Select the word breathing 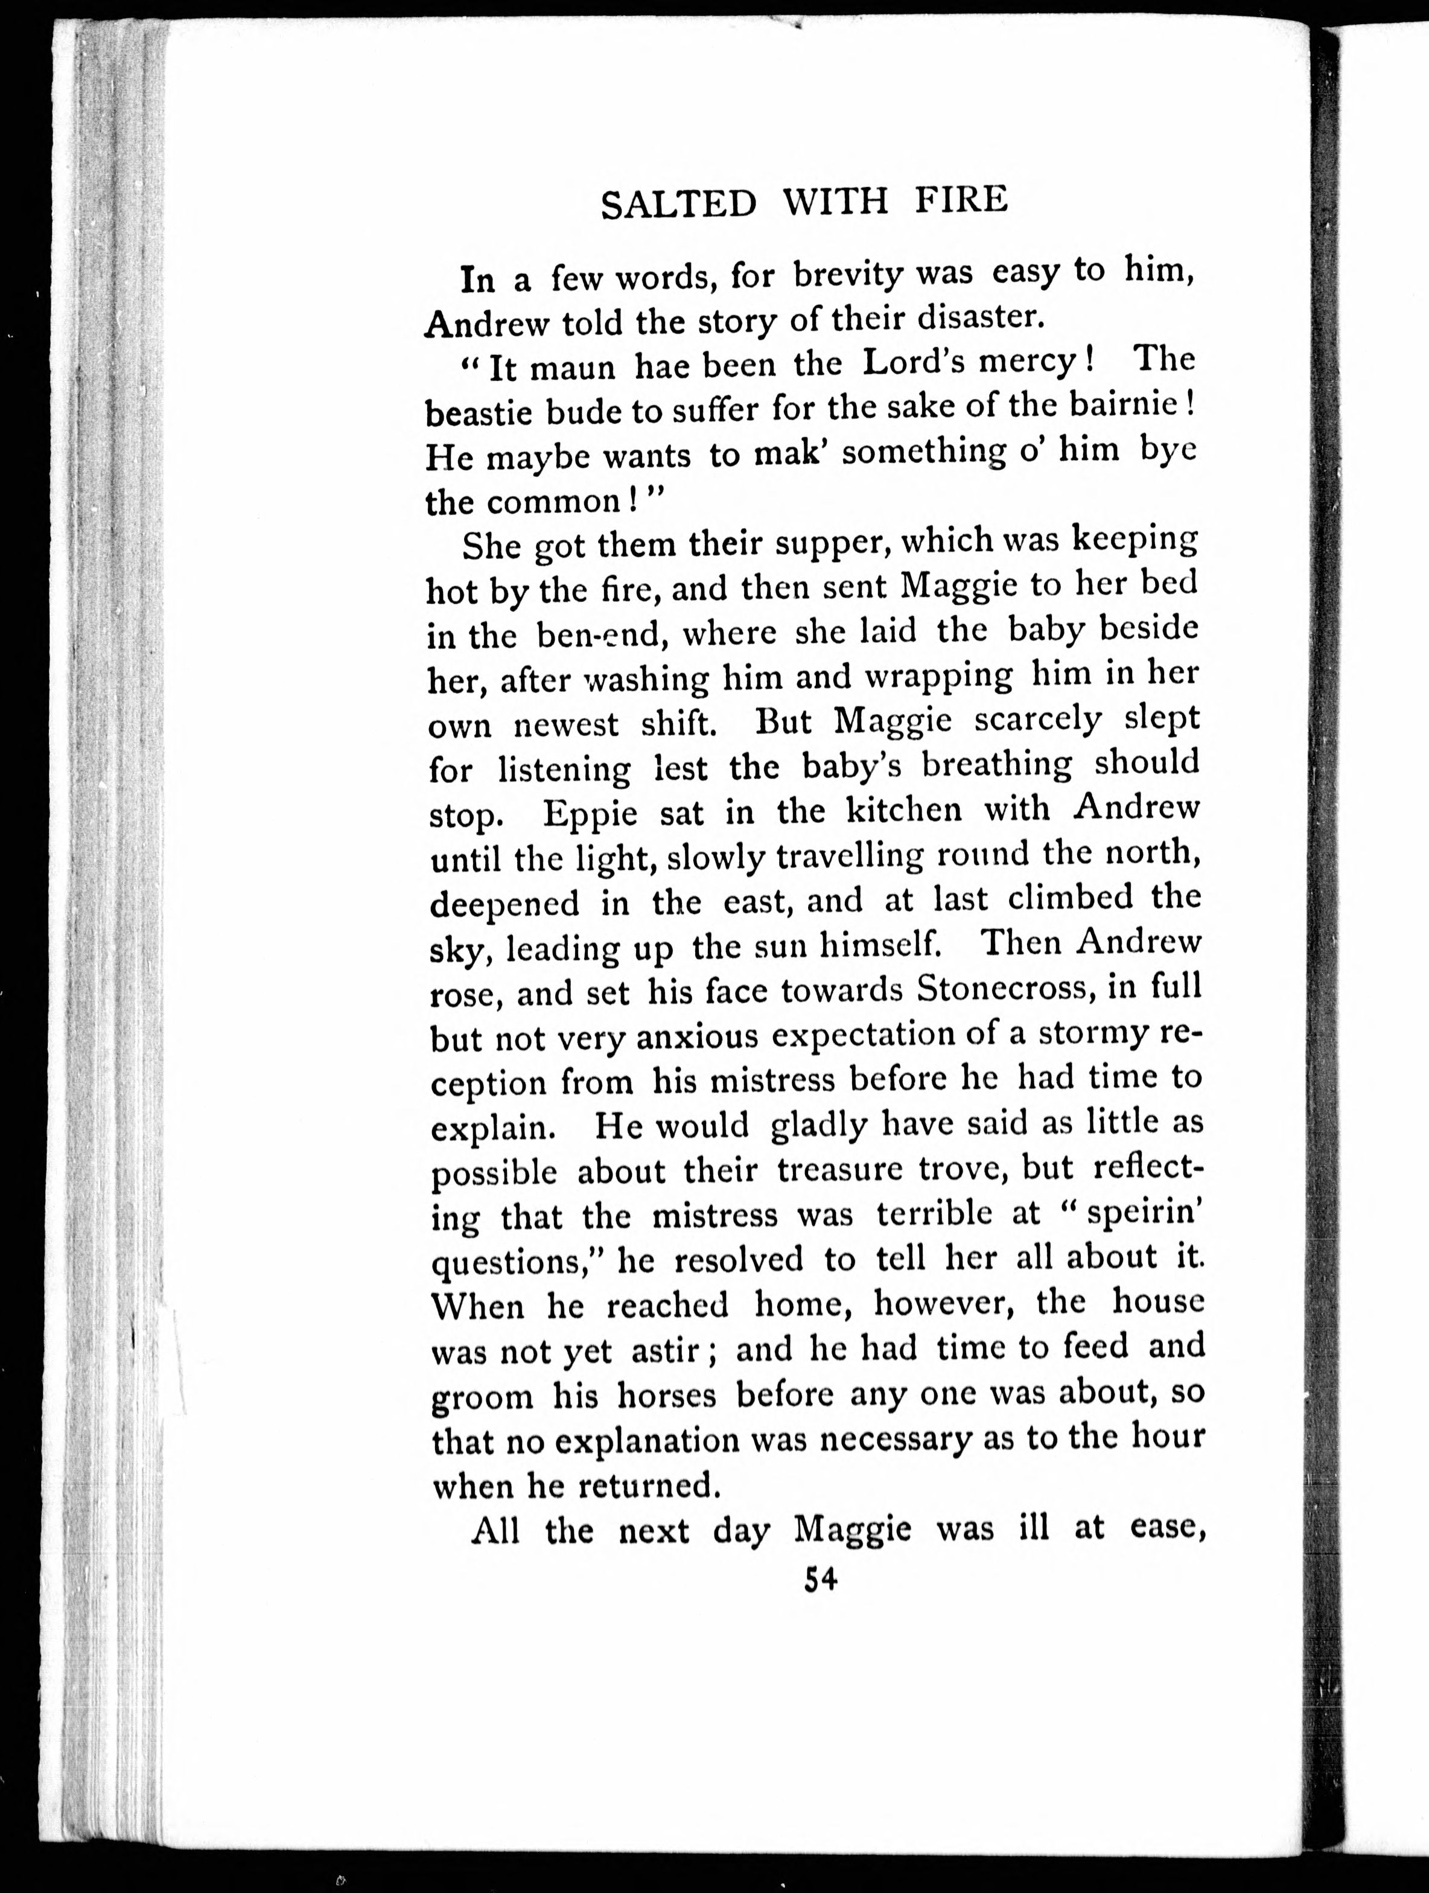[x=997, y=764]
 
